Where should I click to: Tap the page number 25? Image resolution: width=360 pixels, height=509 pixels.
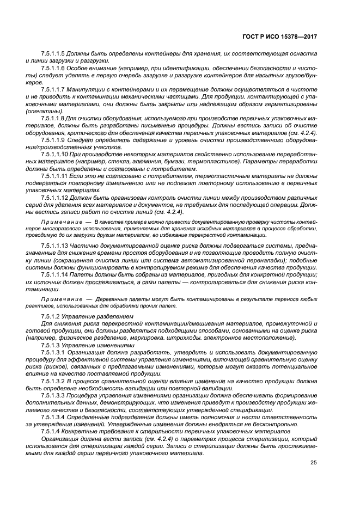314,463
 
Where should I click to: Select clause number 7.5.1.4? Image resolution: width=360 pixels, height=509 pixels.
49,430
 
